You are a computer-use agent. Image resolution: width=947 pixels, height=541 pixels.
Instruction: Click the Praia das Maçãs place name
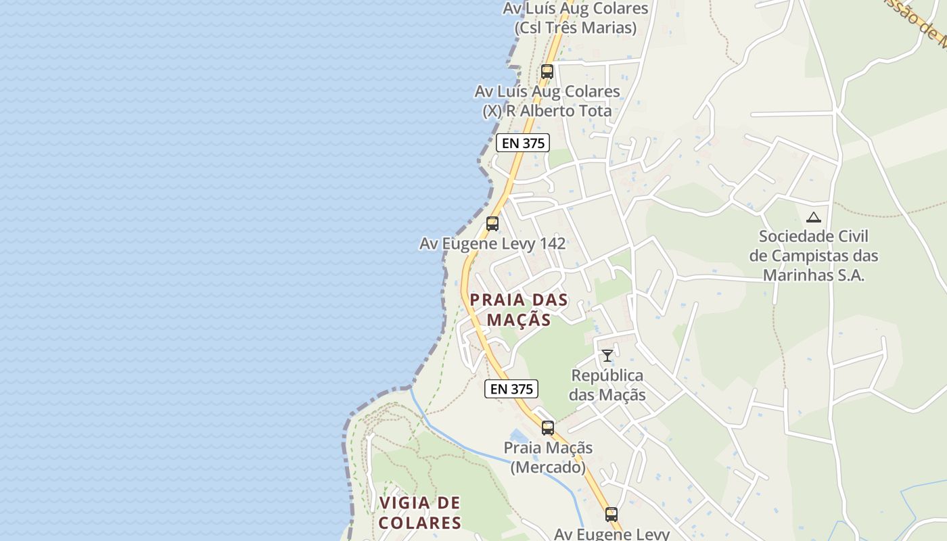[x=519, y=309]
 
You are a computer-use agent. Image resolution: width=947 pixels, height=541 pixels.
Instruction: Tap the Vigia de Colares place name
[x=419, y=513]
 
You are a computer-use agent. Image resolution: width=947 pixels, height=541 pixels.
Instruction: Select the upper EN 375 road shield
[x=522, y=143]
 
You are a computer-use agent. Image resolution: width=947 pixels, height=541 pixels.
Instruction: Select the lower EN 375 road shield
[x=511, y=389]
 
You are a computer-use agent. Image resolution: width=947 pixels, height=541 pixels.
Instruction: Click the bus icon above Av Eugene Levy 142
[x=492, y=223]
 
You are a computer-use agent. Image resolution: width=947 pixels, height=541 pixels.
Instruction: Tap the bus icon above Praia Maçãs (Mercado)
[x=548, y=427]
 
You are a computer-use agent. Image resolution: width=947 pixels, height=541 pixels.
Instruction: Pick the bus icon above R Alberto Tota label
[x=547, y=71]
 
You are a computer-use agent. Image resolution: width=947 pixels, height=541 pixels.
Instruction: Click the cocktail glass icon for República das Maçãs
[x=607, y=355]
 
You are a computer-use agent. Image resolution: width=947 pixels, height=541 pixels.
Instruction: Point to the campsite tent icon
[x=813, y=217]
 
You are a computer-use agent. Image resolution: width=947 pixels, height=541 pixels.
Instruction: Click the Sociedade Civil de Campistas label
[x=813, y=256]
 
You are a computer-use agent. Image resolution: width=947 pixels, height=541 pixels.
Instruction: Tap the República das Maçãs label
[x=607, y=385]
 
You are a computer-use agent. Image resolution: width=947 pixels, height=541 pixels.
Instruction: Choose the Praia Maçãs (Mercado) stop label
[x=548, y=457]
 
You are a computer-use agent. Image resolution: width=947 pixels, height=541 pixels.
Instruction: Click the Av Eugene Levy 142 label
[x=492, y=243]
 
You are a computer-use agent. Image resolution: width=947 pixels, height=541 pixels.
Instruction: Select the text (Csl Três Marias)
[x=576, y=28]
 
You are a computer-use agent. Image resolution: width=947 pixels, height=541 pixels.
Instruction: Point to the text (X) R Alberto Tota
[x=547, y=111]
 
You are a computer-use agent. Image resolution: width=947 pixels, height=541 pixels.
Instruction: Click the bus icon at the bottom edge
[x=611, y=514]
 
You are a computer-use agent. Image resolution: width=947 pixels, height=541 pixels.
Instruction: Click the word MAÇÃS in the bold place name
[x=519, y=319]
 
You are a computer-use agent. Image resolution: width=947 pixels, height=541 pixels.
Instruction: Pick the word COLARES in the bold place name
[x=419, y=523]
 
